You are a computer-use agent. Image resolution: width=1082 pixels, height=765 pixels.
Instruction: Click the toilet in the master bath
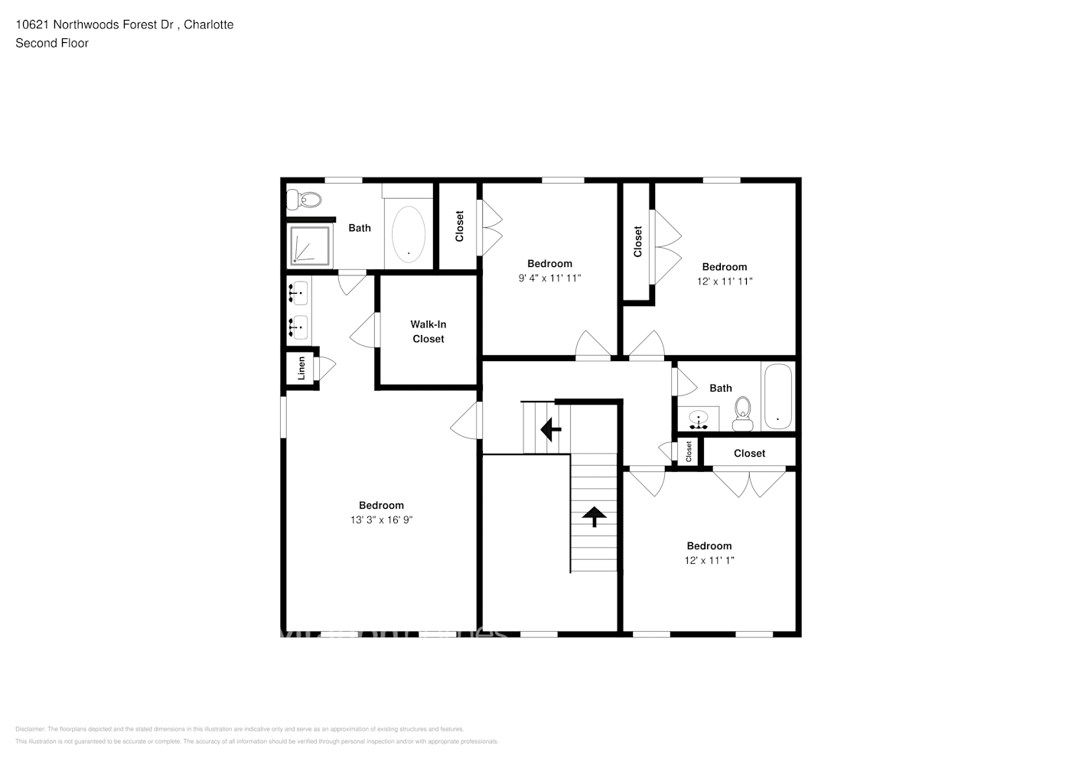pyautogui.click(x=305, y=200)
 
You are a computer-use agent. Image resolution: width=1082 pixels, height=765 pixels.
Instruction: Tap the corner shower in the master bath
pyautogui.click(x=310, y=245)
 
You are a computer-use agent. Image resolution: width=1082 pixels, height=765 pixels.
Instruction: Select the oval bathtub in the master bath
pyautogui.click(x=409, y=235)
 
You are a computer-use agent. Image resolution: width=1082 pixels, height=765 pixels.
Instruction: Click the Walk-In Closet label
pyautogui.click(x=428, y=331)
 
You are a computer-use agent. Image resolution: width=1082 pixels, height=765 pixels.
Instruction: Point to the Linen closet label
pyautogui.click(x=301, y=368)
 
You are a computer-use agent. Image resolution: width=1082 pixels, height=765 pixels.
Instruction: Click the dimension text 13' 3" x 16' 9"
pyautogui.click(x=382, y=520)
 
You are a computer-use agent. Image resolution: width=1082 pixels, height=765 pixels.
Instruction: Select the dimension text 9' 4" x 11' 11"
pyautogui.click(x=549, y=278)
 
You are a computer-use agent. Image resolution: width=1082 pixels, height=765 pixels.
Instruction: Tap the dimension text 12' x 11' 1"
pyautogui.click(x=709, y=561)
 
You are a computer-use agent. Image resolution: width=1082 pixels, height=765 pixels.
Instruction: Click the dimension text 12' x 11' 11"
pyautogui.click(x=724, y=282)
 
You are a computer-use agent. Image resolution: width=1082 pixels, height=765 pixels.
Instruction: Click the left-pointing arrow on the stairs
pyautogui.click(x=550, y=429)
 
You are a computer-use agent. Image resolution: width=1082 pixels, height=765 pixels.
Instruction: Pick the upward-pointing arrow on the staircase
pyautogui.click(x=594, y=516)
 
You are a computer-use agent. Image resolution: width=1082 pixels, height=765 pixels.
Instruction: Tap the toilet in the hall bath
pyautogui.click(x=742, y=415)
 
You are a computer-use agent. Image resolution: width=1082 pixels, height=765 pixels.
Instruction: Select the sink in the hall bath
pyautogui.click(x=699, y=419)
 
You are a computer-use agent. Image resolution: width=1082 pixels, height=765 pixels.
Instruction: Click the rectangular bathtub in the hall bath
pyautogui.click(x=777, y=397)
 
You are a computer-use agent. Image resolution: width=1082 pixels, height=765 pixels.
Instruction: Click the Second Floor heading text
pyautogui.click(x=52, y=43)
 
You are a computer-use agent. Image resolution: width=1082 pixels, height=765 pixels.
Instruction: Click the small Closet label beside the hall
pyautogui.click(x=689, y=451)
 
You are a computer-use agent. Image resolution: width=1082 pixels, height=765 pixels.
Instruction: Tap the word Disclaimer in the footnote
pyautogui.click(x=30, y=729)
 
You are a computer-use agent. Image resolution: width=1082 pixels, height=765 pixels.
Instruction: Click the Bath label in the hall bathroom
pyautogui.click(x=720, y=388)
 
